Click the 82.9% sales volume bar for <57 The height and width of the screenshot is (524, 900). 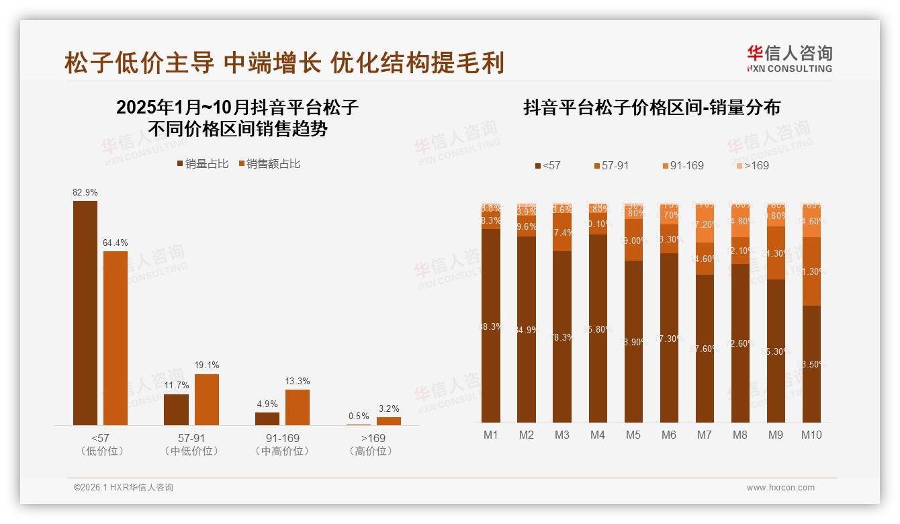click(85, 312)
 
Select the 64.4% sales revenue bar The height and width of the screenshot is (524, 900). click(116, 338)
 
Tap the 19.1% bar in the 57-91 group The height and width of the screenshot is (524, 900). click(207, 399)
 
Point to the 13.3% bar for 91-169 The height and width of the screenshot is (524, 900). click(298, 407)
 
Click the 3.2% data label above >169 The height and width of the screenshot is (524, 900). click(388, 408)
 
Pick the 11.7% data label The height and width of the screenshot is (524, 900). click(177, 386)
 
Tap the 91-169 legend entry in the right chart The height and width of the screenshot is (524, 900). click(682, 165)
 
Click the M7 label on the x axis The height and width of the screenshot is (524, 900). click(704, 435)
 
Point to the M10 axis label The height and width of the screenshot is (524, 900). click(811, 435)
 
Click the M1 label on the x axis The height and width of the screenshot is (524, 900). click(491, 435)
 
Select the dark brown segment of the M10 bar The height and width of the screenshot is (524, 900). click(811, 363)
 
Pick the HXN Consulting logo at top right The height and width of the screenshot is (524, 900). click(789, 59)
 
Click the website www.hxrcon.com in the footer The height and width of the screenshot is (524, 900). click(780, 488)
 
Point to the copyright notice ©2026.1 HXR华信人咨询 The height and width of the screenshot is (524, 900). click(124, 488)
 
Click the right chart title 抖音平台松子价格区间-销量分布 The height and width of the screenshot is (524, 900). click(651, 108)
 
